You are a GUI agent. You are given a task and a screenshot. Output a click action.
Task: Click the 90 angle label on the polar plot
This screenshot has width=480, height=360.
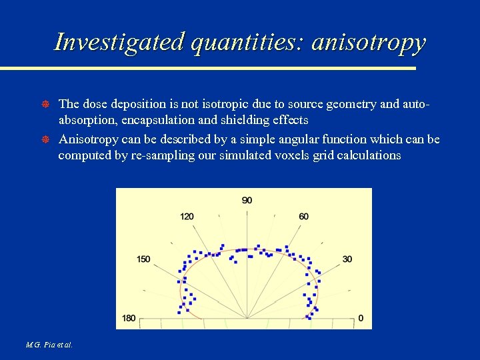pyautogui.click(x=247, y=200)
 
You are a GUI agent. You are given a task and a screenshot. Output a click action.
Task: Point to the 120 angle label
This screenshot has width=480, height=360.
pyautogui.click(x=187, y=216)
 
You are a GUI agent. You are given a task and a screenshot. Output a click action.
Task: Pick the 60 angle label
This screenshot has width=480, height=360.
pyautogui.click(x=304, y=216)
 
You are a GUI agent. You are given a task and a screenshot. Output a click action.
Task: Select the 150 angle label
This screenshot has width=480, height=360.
pyautogui.click(x=143, y=259)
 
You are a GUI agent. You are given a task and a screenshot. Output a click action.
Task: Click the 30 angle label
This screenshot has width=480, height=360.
pyautogui.click(x=347, y=259)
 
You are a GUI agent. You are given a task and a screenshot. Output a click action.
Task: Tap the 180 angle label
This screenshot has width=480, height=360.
pyautogui.click(x=129, y=318)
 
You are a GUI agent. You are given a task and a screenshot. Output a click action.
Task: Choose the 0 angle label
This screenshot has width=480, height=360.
pyautogui.click(x=361, y=318)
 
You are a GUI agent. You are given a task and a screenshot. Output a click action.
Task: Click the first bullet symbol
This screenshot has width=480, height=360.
pyautogui.click(x=46, y=104)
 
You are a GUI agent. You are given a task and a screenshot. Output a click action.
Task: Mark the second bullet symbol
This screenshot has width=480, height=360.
pyautogui.click(x=46, y=139)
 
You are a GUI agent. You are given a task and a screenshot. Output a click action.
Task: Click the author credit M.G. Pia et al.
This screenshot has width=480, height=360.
pyautogui.click(x=49, y=345)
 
